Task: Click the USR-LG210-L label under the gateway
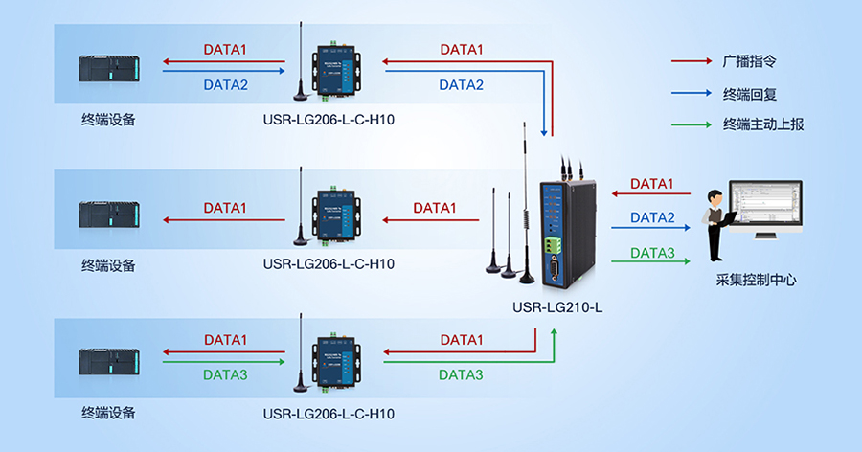[x=557, y=307]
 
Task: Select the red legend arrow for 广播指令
[x=690, y=60]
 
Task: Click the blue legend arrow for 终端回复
[x=690, y=93]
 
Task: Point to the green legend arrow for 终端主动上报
[x=690, y=124]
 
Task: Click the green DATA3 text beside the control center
[x=652, y=254]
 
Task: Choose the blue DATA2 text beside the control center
[x=652, y=217]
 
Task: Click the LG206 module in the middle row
[x=330, y=215]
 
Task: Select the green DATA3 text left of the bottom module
[x=225, y=375]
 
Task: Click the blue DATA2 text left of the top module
[x=225, y=85]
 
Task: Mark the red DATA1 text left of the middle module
[x=225, y=208]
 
